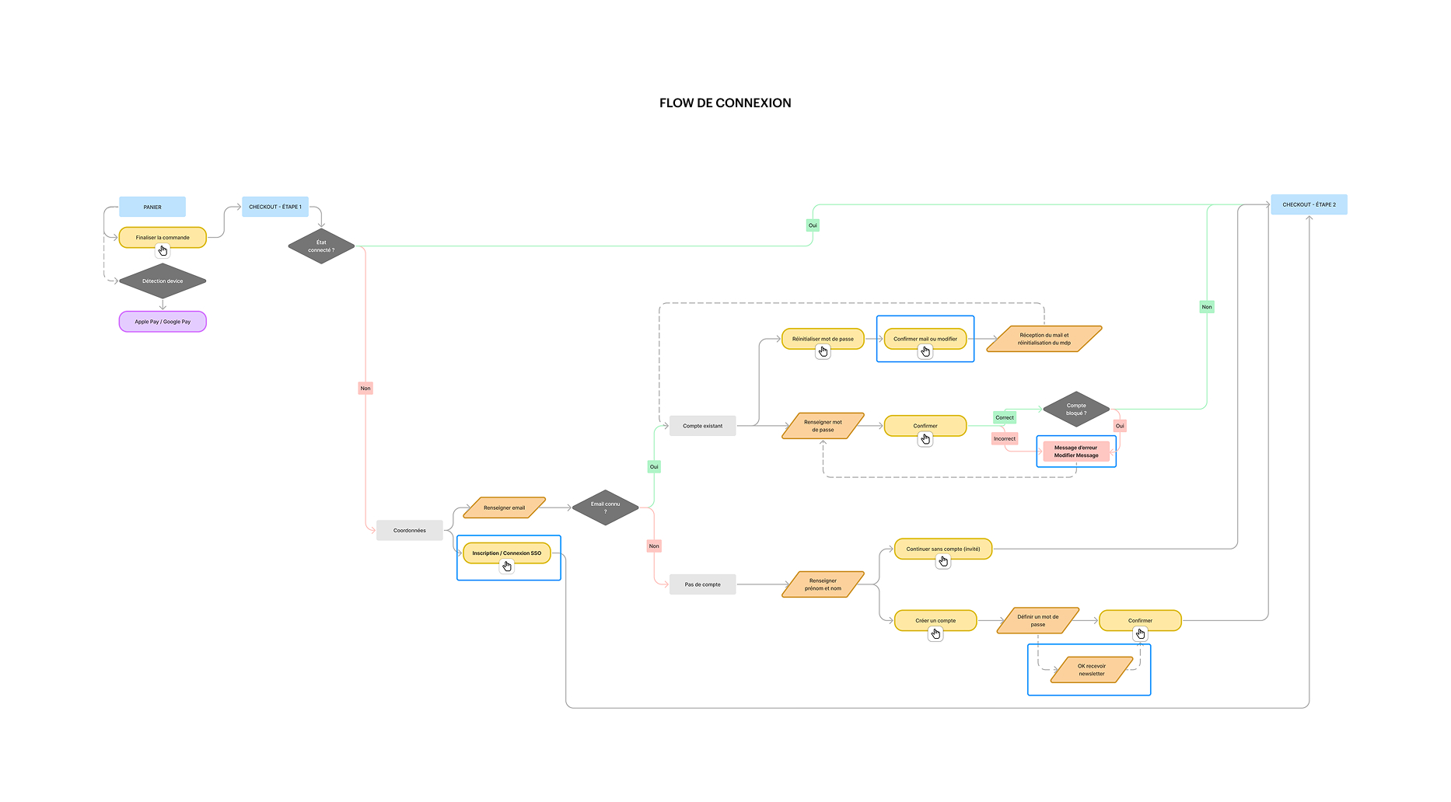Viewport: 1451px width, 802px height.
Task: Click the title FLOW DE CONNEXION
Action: click(x=725, y=103)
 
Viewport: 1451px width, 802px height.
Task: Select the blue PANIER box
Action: click(x=152, y=207)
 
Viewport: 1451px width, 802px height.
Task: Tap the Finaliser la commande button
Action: click(x=163, y=237)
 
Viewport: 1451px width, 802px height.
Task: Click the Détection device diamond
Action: click(x=163, y=281)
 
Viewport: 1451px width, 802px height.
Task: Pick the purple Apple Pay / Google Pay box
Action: click(x=163, y=321)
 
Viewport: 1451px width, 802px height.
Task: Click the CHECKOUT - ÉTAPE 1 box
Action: click(x=275, y=207)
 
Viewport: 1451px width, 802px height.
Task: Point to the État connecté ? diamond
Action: click(x=321, y=246)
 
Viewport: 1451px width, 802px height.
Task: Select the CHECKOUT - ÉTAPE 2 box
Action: click(x=1309, y=204)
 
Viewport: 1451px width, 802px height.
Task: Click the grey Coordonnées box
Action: click(x=409, y=530)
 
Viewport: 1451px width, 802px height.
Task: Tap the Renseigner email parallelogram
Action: click(x=504, y=507)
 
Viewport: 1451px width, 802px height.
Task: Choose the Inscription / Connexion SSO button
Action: click(x=506, y=553)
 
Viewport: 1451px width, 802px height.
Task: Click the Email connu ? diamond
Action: click(x=605, y=507)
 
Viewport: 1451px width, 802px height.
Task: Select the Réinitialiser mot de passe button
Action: click(x=823, y=338)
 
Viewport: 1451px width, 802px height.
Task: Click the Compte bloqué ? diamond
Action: click(x=1076, y=409)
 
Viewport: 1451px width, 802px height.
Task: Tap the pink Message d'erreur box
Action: click(x=1076, y=451)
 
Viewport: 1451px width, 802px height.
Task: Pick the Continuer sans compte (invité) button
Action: click(x=942, y=549)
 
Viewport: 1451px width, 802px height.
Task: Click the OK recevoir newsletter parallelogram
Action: click(x=1091, y=669)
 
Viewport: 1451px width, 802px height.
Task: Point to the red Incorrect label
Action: click(x=1005, y=438)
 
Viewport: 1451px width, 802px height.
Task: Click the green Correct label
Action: click(x=1005, y=417)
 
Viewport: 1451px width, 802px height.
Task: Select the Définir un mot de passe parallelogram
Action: click(x=1037, y=620)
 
